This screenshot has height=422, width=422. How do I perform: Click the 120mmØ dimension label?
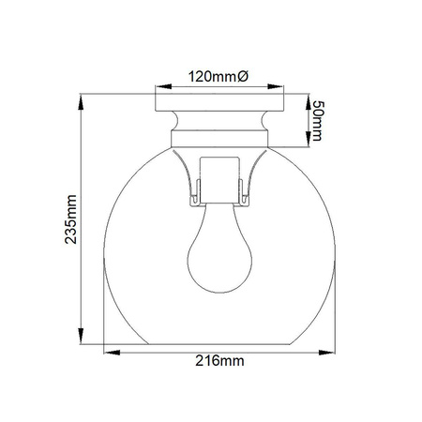219,76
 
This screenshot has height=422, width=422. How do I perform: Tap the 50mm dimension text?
317,121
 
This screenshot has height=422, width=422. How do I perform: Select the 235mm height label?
70,219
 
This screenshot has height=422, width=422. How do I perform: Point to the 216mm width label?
219,361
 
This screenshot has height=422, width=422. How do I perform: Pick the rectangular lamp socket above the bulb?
219,180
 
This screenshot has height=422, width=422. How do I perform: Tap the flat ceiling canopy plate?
219,102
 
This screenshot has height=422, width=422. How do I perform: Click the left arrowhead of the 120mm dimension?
164,86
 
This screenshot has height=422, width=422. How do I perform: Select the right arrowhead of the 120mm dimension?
276,86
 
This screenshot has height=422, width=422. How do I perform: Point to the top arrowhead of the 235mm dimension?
81,102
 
